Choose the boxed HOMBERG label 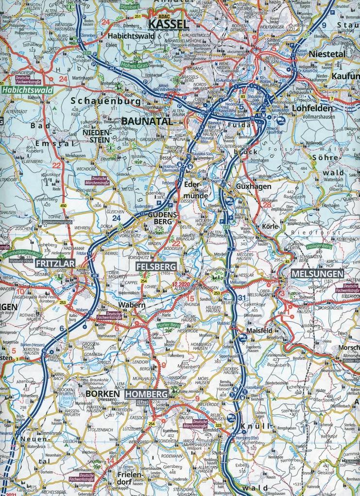click(146, 394)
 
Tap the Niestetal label click(326, 54)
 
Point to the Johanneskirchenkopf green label click(22, 254)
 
